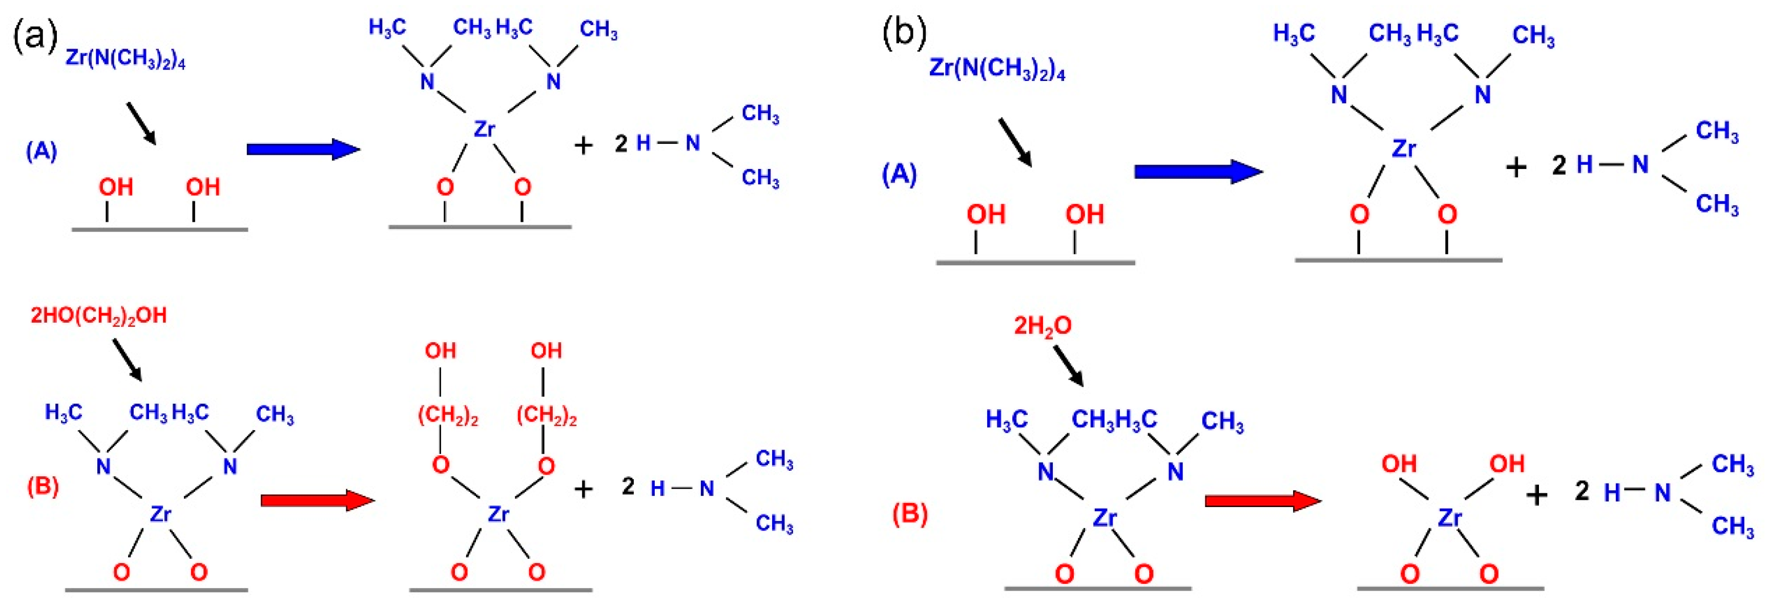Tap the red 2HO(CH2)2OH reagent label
(x=99, y=316)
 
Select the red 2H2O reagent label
(x=1043, y=326)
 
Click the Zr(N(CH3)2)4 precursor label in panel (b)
(x=997, y=69)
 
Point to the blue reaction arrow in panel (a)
(x=303, y=149)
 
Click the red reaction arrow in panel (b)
(x=1262, y=500)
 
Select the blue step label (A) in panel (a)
(x=41, y=151)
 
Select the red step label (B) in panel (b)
(x=910, y=513)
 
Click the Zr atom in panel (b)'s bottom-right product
(x=1450, y=517)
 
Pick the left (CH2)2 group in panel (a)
(x=448, y=416)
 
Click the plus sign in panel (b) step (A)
(x=1515, y=167)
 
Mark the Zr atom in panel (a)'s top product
(x=484, y=129)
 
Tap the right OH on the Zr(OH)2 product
(x=1507, y=464)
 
